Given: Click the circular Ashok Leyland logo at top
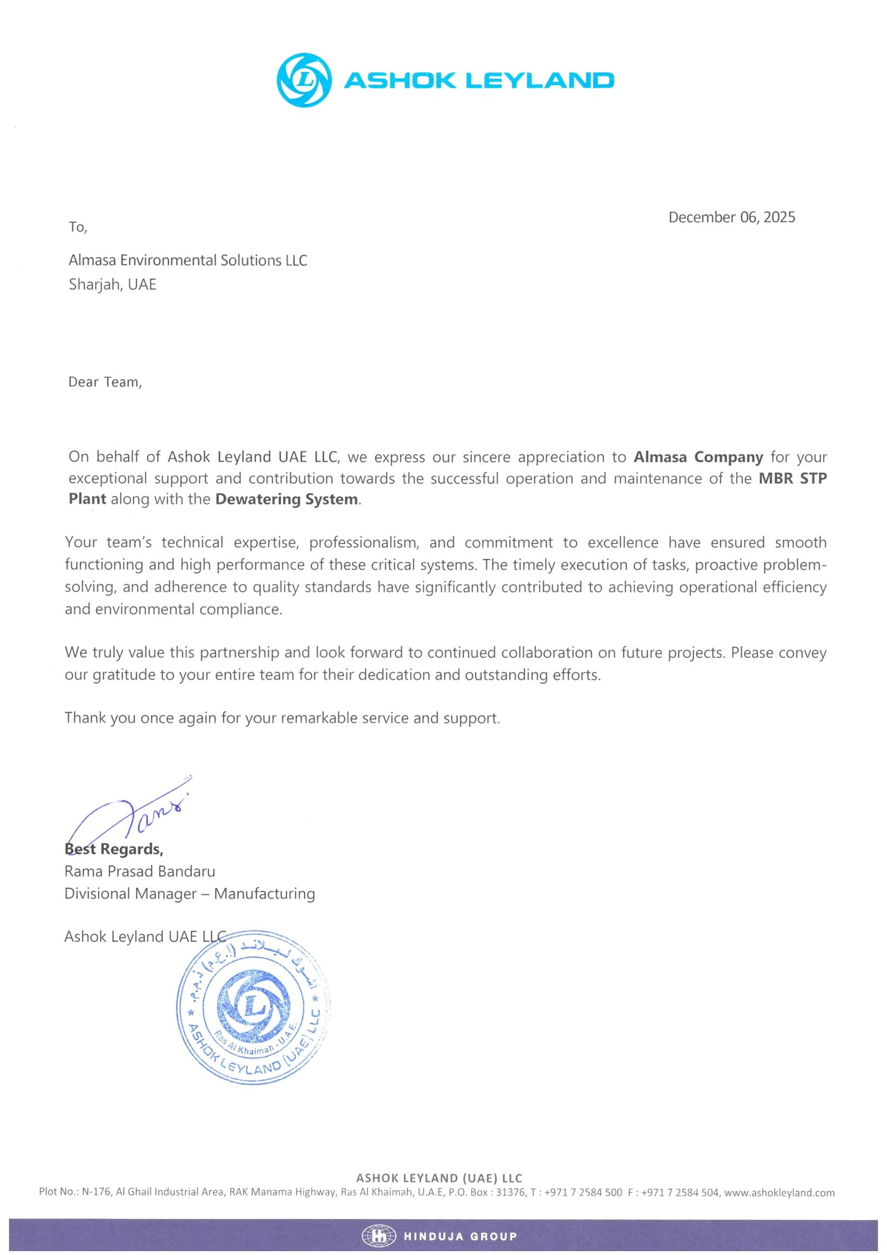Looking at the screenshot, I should [x=304, y=80].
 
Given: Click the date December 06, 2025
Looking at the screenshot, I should [x=731, y=217].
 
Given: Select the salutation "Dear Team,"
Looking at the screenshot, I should [x=105, y=382].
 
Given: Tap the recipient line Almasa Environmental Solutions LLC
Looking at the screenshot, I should [x=187, y=260].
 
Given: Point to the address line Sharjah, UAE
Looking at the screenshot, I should [x=113, y=284].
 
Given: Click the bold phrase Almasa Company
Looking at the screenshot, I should [x=698, y=457].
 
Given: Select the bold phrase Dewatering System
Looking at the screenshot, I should [x=286, y=499].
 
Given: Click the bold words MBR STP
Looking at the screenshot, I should [x=792, y=478].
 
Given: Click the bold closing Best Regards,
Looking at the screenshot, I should [x=114, y=849].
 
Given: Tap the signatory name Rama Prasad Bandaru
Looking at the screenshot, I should [x=140, y=871].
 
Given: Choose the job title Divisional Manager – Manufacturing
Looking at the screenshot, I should [x=190, y=893].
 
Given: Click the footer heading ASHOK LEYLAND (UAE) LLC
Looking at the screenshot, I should [x=439, y=1178].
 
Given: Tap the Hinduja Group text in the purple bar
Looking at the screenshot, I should [x=460, y=1236].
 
